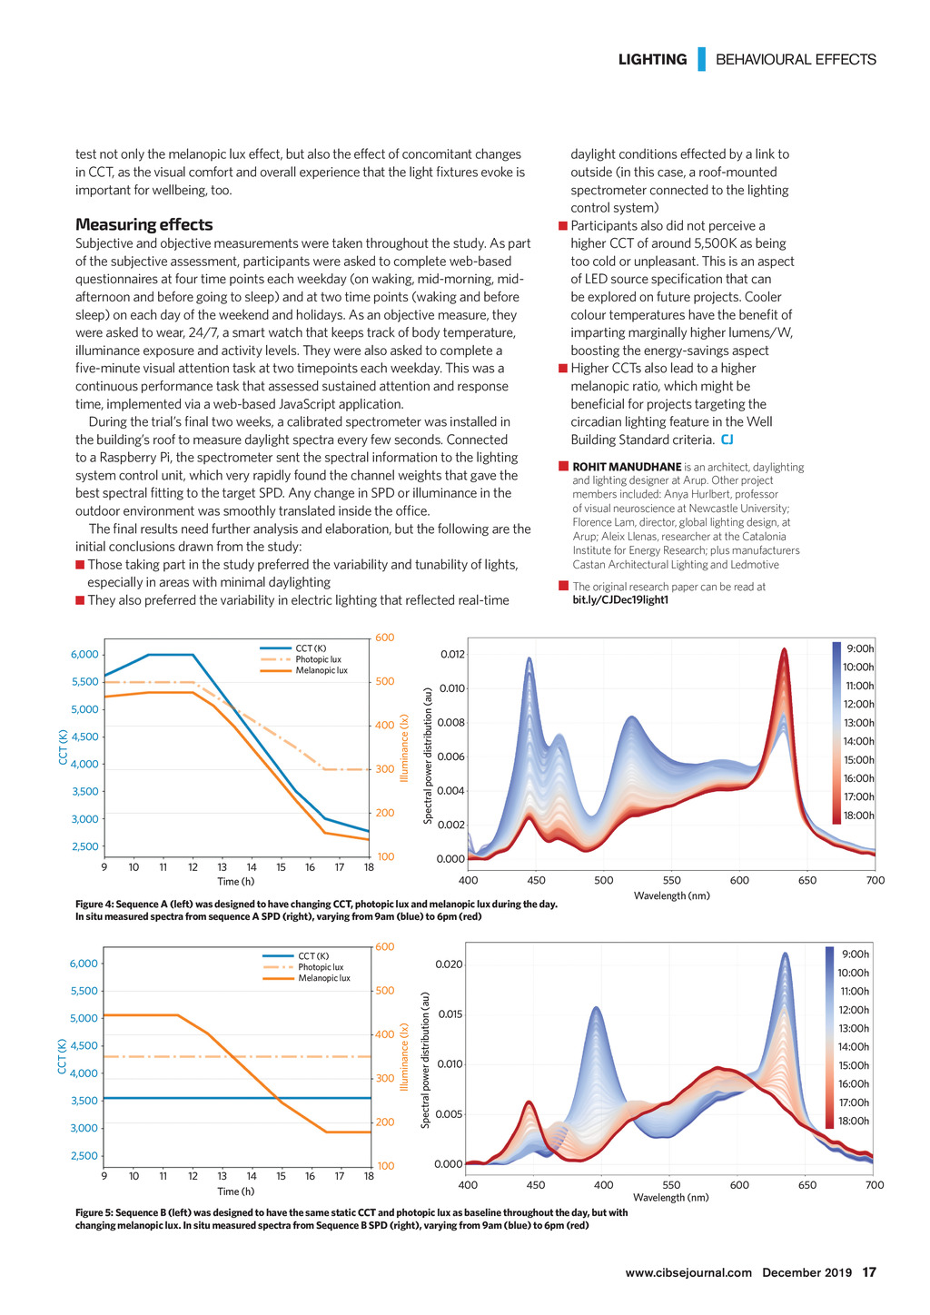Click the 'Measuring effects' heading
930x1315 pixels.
(143, 224)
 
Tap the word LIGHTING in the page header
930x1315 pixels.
(652, 60)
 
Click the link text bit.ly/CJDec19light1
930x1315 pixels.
(620, 600)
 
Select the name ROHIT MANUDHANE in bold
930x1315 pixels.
(627, 467)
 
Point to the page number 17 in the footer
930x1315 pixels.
(869, 1272)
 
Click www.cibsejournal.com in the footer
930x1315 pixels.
(688, 1272)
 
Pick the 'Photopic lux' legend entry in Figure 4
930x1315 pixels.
(318, 659)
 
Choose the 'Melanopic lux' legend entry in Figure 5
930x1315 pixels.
(324, 978)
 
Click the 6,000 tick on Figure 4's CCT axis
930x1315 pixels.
(84, 655)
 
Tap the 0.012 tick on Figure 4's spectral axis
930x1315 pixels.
(452, 655)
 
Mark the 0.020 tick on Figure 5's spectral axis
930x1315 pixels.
(451, 964)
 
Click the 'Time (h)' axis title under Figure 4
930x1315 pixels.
(236, 881)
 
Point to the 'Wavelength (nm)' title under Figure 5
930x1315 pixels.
(671, 1198)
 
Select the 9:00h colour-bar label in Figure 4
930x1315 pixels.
(860, 648)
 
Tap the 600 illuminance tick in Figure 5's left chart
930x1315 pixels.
(385, 947)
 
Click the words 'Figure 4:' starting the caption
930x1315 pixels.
(94, 904)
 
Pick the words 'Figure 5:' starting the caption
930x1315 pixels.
(94, 1212)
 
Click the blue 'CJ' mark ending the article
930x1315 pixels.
(727, 440)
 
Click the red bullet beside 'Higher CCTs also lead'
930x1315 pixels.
(563, 368)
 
